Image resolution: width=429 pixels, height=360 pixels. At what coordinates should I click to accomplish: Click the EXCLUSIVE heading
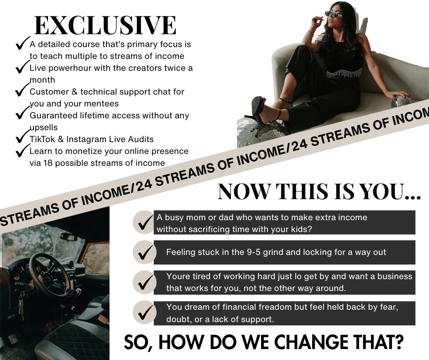coord(105,25)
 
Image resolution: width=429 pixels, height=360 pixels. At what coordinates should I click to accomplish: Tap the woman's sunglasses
coord(334,14)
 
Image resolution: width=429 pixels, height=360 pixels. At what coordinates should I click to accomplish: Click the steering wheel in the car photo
coord(49,275)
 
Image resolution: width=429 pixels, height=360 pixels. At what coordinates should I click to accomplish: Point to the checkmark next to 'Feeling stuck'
coord(144,252)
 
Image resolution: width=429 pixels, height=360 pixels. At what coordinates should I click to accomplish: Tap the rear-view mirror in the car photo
coord(68,237)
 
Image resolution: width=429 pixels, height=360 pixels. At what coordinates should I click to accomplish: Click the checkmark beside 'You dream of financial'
coord(144,312)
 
